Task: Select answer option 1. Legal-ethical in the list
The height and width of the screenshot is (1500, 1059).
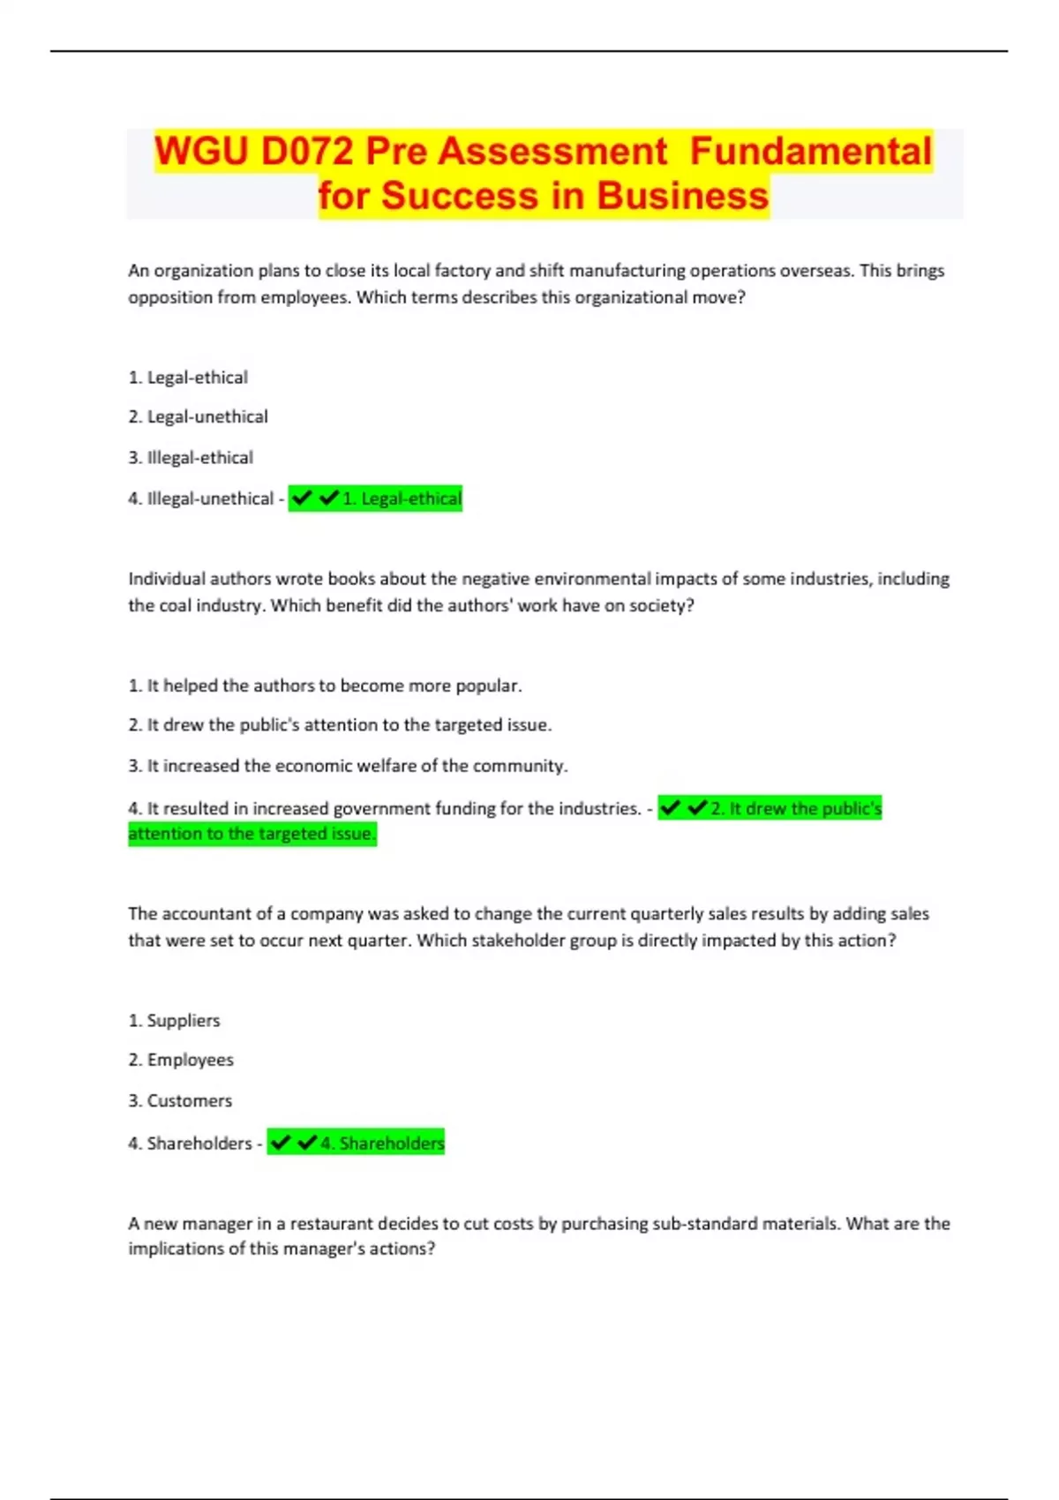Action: (x=188, y=378)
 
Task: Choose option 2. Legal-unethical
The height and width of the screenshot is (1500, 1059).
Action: (x=198, y=416)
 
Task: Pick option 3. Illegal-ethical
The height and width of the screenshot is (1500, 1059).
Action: (x=191, y=458)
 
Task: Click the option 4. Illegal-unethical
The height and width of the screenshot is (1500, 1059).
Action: (x=201, y=499)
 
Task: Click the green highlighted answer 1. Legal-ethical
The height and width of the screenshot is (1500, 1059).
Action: (x=402, y=499)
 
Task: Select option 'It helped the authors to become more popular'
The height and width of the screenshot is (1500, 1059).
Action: (x=325, y=686)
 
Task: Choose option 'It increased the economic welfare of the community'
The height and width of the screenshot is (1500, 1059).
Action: (x=348, y=766)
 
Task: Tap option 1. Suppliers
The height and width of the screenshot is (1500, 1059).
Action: (x=174, y=1021)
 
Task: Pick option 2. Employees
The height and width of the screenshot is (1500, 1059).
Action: (x=181, y=1060)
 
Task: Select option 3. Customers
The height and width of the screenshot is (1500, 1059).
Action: (x=180, y=1101)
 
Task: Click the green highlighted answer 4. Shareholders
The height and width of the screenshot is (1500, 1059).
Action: (x=382, y=1144)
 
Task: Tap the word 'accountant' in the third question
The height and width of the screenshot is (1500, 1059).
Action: (x=209, y=914)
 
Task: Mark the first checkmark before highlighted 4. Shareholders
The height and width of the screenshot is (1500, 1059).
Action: (x=281, y=1143)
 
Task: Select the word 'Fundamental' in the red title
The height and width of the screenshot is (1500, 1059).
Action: (x=810, y=151)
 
